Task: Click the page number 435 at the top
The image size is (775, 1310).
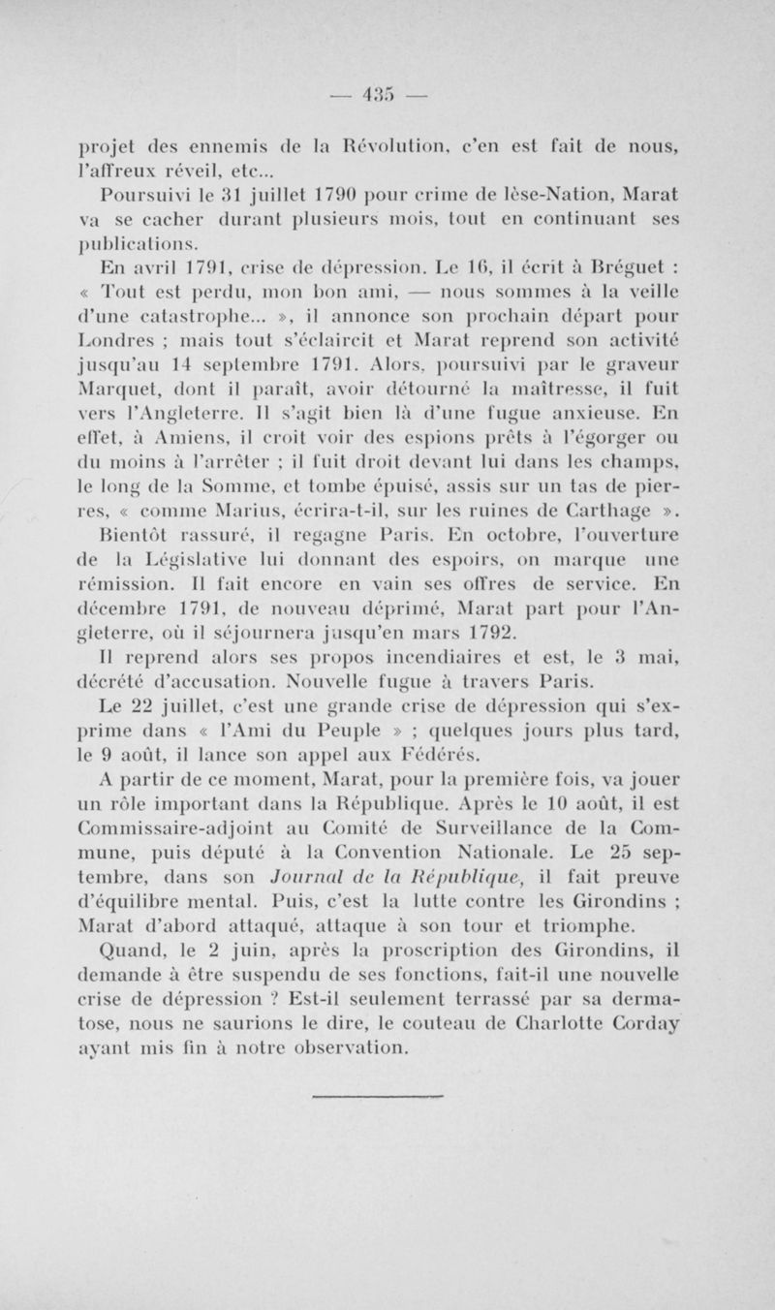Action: [x=388, y=95]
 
